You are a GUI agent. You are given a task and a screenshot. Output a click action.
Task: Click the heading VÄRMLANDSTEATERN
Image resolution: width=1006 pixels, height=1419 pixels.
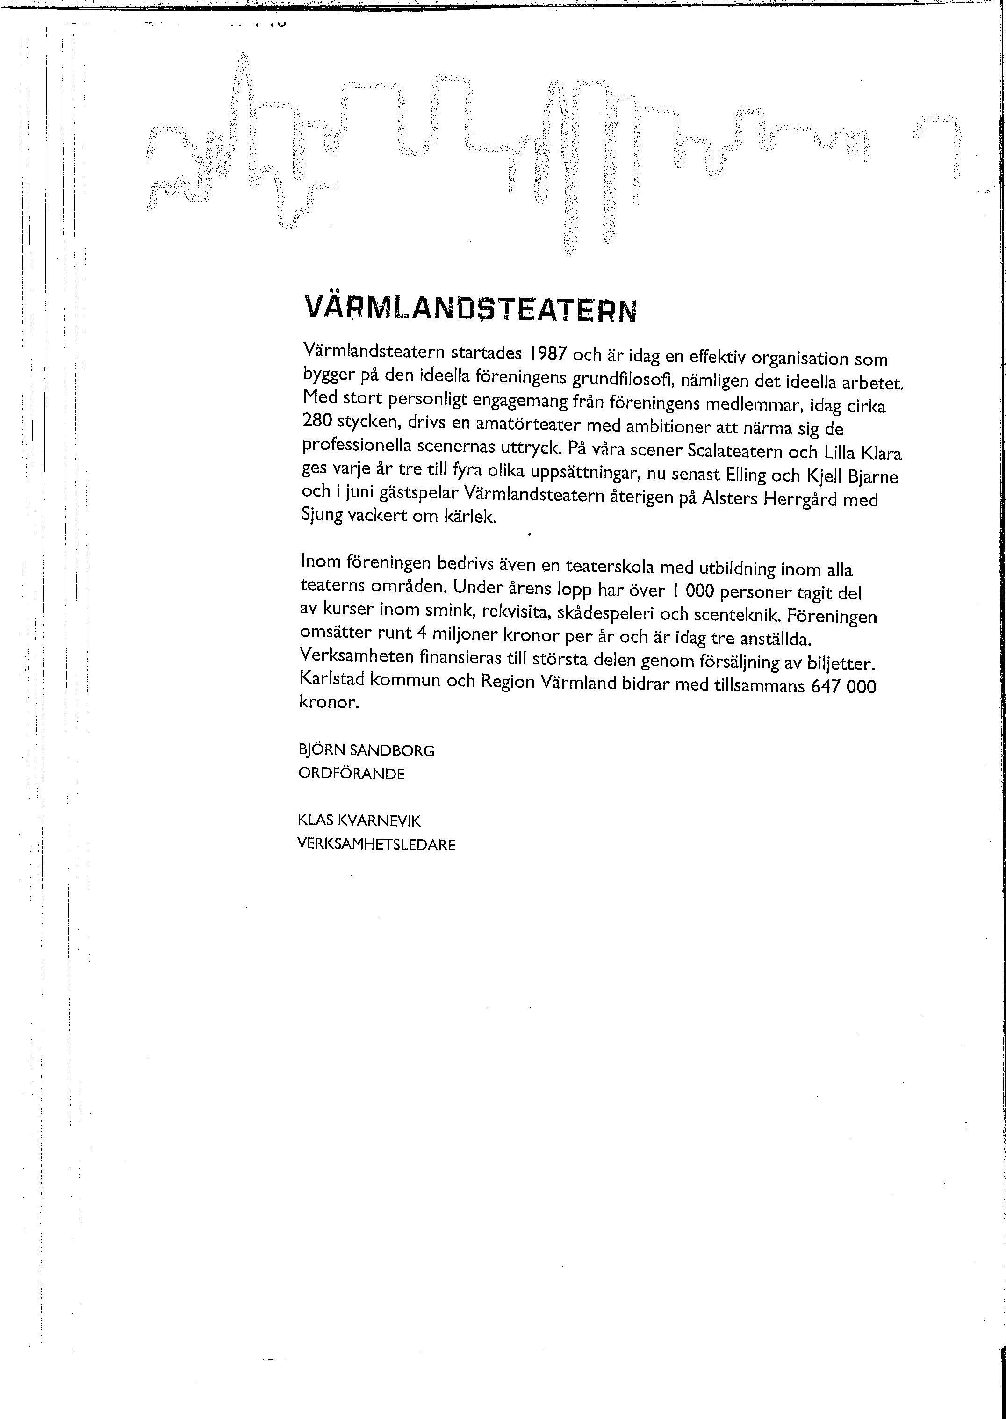(x=470, y=309)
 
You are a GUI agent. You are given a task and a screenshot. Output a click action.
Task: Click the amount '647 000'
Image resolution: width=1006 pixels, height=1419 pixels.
(x=844, y=686)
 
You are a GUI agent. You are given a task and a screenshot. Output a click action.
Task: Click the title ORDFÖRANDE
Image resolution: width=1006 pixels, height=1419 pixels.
(x=351, y=774)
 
